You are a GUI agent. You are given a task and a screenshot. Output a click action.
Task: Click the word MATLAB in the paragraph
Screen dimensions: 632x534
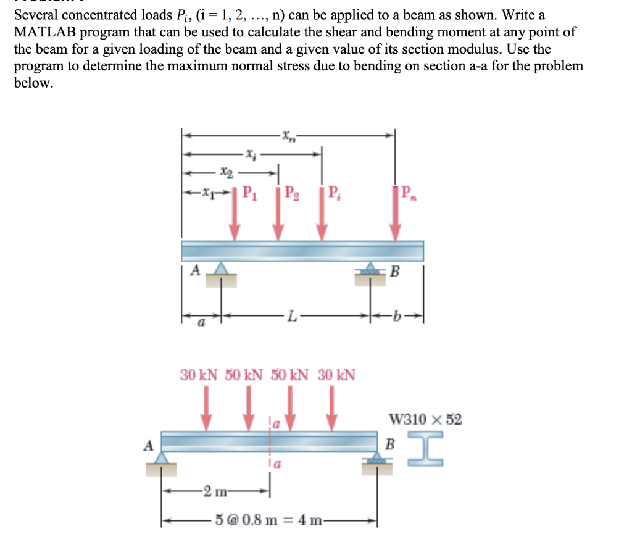[47, 32]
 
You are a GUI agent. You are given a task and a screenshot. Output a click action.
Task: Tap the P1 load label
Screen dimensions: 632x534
[249, 193]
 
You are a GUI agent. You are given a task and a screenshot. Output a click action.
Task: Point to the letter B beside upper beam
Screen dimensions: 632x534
[396, 270]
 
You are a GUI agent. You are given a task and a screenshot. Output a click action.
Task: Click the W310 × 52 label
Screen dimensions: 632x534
[425, 420]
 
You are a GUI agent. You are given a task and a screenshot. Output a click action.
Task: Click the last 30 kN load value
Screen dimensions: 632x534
[336, 374]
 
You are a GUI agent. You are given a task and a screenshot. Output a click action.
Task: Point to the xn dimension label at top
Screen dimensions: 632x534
[288, 135]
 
